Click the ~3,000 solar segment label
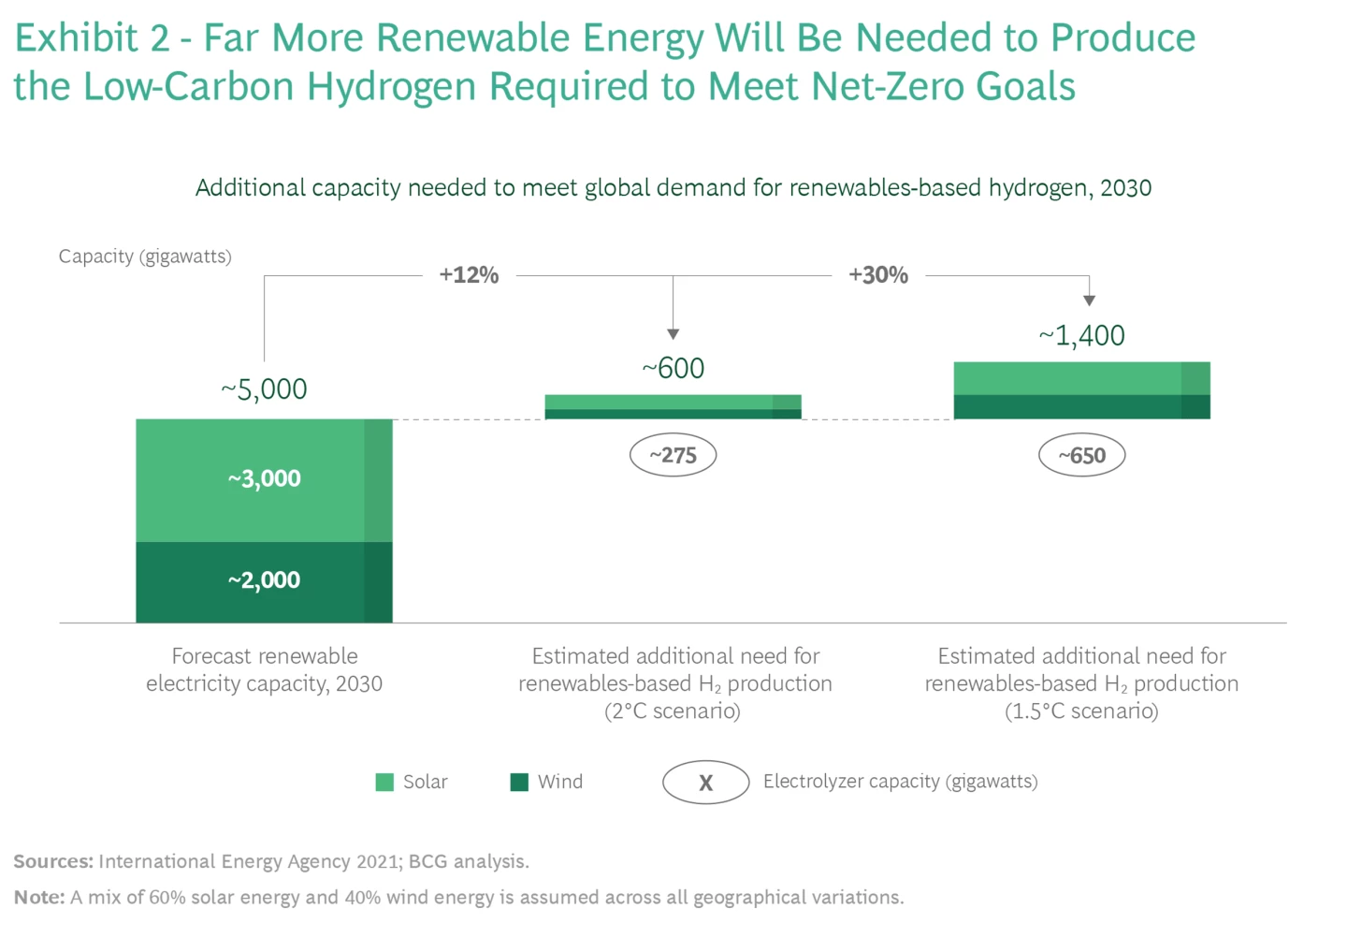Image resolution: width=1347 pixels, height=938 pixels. point(265,479)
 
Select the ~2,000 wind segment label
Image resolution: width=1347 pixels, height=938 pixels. point(265,580)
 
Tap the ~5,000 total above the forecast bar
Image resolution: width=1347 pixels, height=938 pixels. point(265,389)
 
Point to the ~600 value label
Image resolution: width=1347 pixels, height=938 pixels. point(673,369)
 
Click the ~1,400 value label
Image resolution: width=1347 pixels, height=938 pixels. point(1082,336)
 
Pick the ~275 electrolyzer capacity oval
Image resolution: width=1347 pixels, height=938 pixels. point(673,456)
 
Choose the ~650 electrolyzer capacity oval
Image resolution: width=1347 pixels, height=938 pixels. point(1082,456)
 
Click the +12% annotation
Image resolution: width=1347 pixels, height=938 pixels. point(470,275)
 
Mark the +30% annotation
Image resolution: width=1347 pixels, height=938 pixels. point(878,275)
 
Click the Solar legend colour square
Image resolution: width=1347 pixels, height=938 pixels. point(384,782)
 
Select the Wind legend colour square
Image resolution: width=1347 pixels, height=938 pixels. point(519,782)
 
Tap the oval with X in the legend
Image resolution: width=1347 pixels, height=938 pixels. point(706,783)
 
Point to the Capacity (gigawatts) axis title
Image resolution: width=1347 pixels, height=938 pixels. point(145,256)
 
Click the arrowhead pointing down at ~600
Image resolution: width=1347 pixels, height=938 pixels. point(673,334)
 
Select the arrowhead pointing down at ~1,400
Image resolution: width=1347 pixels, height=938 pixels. point(1089,300)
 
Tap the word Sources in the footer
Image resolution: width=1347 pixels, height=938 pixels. point(52,861)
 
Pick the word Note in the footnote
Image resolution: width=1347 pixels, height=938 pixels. point(38,898)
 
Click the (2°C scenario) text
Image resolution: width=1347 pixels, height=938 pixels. point(673,711)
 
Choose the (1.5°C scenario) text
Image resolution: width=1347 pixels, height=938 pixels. point(1081,711)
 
